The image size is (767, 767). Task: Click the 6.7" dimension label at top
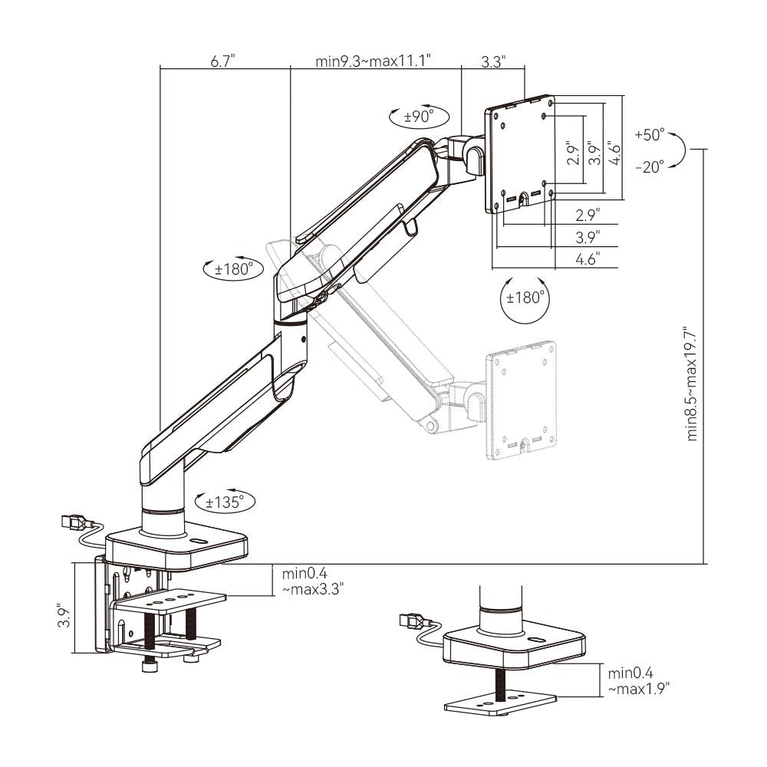click(223, 61)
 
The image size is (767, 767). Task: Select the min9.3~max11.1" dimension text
click(374, 61)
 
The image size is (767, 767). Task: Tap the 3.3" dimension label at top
click(493, 61)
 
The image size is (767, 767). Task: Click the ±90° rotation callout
click(420, 117)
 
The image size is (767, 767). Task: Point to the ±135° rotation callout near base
click(225, 502)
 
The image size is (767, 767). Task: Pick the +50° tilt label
click(650, 134)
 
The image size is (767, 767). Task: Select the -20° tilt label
click(650, 166)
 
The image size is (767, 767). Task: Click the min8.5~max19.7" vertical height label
click(692, 384)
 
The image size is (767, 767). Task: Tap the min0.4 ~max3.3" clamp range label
click(313, 581)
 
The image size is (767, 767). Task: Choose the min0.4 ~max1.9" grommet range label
click(638, 681)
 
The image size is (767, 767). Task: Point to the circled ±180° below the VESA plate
click(525, 298)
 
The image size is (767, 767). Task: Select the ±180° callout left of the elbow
click(233, 268)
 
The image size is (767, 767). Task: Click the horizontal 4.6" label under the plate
click(588, 258)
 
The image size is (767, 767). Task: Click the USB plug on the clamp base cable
click(74, 522)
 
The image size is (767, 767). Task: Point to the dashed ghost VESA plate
click(522, 400)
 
